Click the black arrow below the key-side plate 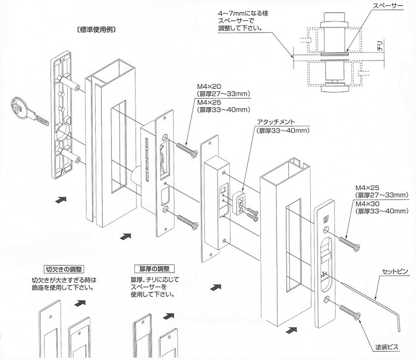(x=60, y=201)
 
